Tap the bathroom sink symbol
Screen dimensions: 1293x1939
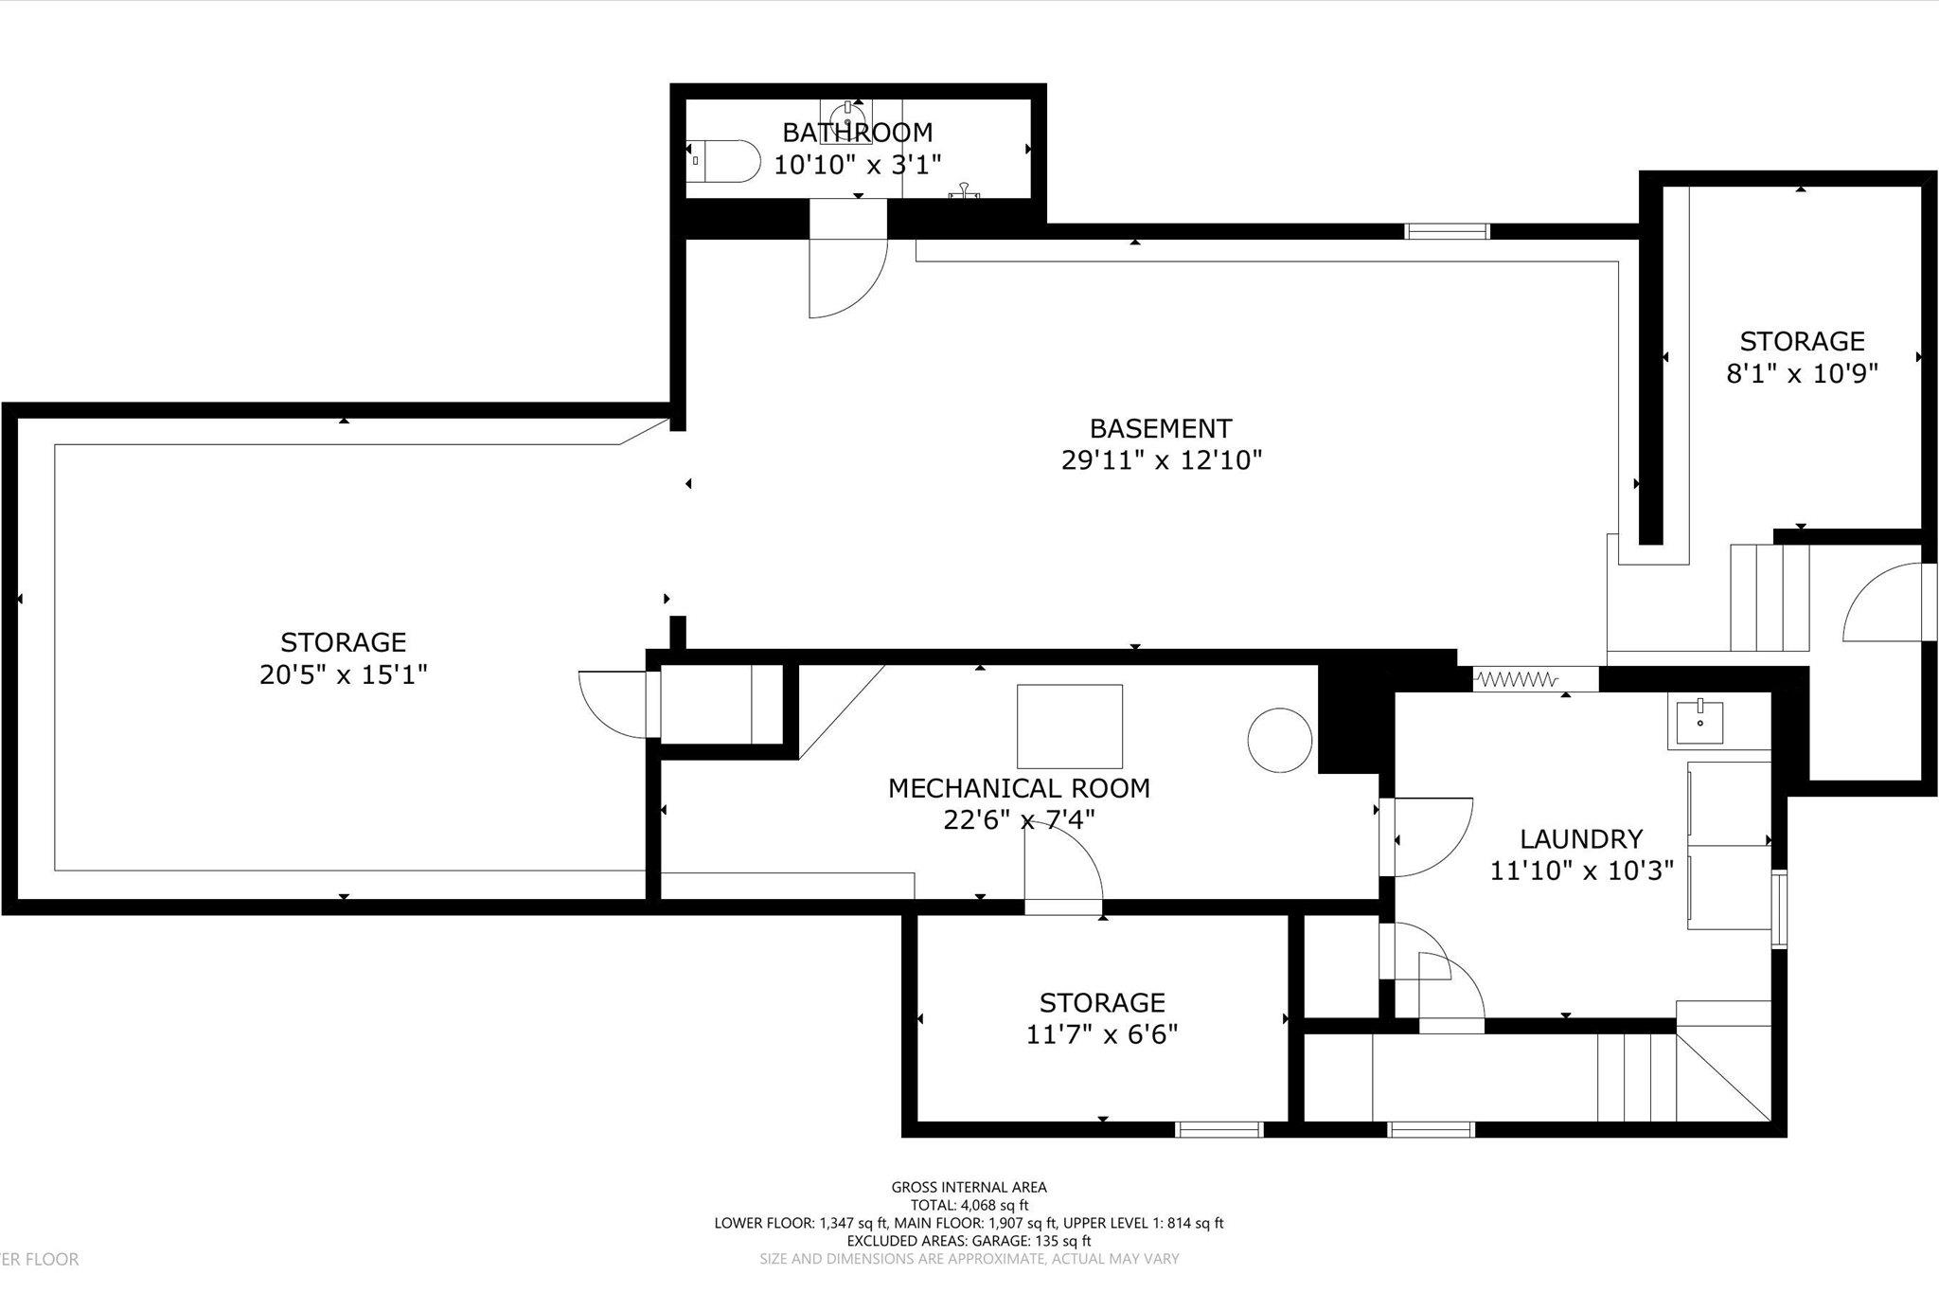point(847,118)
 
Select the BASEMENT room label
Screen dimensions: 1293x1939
point(1160,428)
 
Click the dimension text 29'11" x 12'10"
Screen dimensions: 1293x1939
point(1162,461)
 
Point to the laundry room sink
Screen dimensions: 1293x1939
point(1701,722)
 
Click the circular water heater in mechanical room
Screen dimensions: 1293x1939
point(1279,740)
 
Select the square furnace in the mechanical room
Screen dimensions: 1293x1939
point(1070,727)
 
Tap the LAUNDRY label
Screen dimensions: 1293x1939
point(1581,838)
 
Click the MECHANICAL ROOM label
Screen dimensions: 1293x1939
point(1019,788)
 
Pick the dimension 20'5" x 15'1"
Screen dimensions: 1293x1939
point(344,674)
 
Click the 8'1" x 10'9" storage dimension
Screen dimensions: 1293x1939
point(1802,373)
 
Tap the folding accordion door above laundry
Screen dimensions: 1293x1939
point(1517,679)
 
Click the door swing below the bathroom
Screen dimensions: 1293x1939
point(847,275)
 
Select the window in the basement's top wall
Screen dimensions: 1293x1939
point(1446,231)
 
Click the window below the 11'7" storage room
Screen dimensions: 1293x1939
point(1219,1129)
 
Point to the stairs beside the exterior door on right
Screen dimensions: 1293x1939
point(1769,597)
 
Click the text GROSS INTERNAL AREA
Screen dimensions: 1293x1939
point(969,1187)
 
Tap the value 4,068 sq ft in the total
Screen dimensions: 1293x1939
point(996,1205)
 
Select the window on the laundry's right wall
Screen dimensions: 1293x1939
point(1779,909)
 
